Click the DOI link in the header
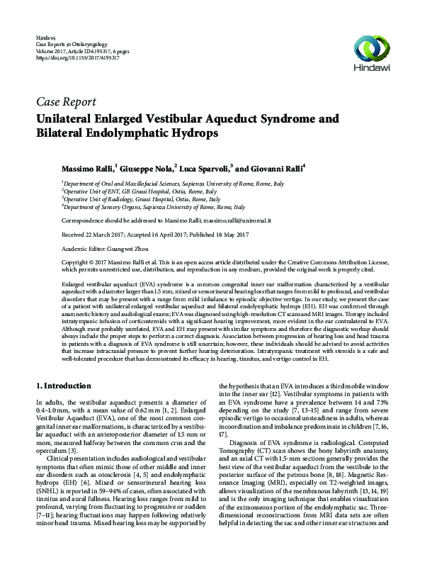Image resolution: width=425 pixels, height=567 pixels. [x=67, y=57]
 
